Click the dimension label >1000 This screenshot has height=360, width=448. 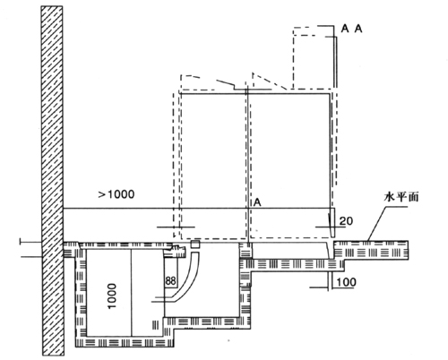click(116, 194)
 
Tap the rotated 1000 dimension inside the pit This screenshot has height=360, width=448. click(111, 296)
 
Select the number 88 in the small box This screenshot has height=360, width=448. click(170, 281)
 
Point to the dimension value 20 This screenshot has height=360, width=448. click(346, 221)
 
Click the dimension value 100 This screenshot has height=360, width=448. click(346, 282)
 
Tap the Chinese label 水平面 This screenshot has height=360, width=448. click(401, 197)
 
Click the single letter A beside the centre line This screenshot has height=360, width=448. click(257, 202)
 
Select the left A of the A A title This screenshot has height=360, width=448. click(345, 29)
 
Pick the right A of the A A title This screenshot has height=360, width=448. click(358, 29)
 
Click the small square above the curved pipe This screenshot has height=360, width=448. click(195, 244)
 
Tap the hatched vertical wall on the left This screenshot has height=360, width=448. click(52, 181)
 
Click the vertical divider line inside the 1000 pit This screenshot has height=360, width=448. click(132, 293)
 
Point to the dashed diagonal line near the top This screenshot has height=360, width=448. click(270, 81)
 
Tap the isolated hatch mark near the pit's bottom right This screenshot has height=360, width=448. click(155, 325)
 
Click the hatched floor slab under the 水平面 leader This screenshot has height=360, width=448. click(371, 250)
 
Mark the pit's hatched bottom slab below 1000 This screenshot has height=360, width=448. click(125, 342)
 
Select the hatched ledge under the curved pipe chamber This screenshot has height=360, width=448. click(205, 322)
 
